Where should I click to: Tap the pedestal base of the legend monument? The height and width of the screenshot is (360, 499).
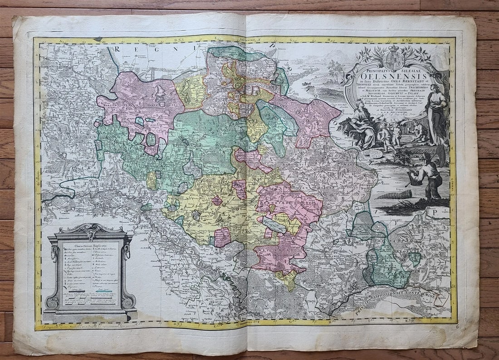click(90, 315)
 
